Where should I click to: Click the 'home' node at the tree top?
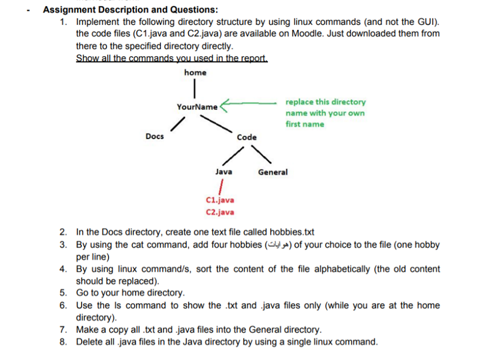(195, 73)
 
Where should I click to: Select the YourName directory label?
(197, 107)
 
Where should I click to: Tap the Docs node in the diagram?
(155, 136)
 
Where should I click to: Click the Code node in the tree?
(246, 137)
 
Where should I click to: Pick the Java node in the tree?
(224, 172)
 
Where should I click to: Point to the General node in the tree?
(272, 172)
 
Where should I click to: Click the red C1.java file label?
(221, 200)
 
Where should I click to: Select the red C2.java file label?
(221, 212)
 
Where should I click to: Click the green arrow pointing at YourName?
(248, 103)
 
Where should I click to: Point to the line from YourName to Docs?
(179, 122)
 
